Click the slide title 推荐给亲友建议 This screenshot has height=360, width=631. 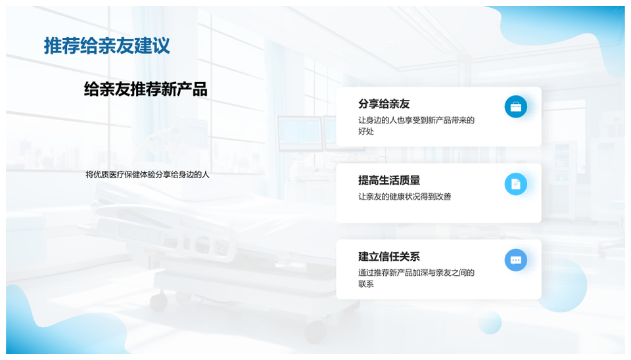106,45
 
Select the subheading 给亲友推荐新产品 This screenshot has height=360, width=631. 146,89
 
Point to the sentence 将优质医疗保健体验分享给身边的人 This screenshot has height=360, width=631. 147,175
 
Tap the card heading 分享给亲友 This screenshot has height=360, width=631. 384,104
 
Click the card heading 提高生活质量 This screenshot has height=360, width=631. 389,180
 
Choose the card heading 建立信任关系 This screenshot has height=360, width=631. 389,257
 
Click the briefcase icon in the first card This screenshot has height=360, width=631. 516,106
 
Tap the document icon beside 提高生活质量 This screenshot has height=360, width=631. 516,184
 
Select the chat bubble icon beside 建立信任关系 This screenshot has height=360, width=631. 516,260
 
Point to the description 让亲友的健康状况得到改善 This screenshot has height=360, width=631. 404,196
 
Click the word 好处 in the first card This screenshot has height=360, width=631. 366,131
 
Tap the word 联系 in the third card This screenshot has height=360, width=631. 366,284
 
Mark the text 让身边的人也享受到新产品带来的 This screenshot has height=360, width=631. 417,120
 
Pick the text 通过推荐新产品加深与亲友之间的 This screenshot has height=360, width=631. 417,273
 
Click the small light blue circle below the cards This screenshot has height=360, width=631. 490,322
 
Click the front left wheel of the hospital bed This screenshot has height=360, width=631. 159,301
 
